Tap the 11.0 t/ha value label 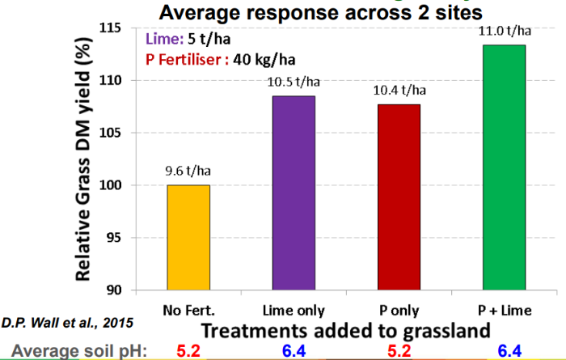pos(501,31)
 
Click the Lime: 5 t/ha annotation pos(189,38)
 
